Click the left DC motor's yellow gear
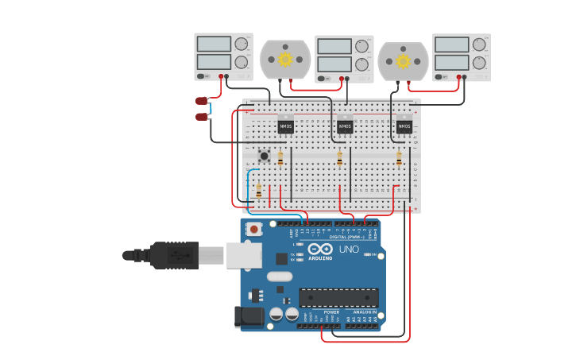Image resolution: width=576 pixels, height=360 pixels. point(284,59)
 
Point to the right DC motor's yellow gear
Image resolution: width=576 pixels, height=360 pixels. point(403,61)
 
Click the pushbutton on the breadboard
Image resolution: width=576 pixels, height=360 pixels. point(264,155)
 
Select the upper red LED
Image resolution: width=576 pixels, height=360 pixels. point(202,101)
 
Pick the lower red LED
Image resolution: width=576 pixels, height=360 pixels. point(202,117)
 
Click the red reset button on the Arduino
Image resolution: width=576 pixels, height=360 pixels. point(253,230)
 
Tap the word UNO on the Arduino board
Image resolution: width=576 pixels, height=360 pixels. point(349,250)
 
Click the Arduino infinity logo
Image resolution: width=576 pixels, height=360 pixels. point(320,249)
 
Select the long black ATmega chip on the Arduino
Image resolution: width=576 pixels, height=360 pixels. point(338,298)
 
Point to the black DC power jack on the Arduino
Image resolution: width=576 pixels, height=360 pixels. point(249,317)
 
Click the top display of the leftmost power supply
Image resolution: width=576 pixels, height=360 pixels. point(213,44)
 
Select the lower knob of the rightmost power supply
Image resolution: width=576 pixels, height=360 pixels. point(479,63)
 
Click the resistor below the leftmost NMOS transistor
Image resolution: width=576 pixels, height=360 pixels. point(280,158)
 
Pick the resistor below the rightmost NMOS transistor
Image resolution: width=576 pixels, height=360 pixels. point(399,158)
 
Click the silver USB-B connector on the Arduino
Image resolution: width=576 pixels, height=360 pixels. point(244,255)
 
